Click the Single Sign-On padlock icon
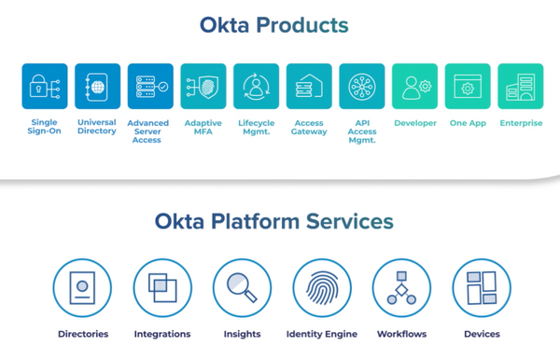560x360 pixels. pyautogui.click(x=45, y=87)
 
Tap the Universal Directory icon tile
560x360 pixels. pyautogui.click(x=97, y=87)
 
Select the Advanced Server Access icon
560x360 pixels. pyautogui.click(x=150, y=87)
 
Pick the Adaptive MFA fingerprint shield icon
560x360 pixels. pyautogui.click(x=203, y=87)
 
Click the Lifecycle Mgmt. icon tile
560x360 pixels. pyautogui.click(x=256, y=87)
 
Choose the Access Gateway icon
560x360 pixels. pyautogui.click(x=309, y=87)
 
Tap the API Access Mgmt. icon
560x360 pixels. pyautogui.click(x=362, y=87)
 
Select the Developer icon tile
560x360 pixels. pyautogui.click(x=415, y=87)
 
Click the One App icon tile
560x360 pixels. pyautogui.click(x=468, y=87)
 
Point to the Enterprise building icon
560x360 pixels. pyautogui.click(x=521, y=87)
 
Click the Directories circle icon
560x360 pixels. pyautogui.click(x=82, y=288)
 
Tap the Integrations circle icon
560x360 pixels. pyautogui.click(x=162, y=288)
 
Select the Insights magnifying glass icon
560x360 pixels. pyautogui.click(x=242, y=288)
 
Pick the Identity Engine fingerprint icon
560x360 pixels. pyautogui.click(x=322, y=288)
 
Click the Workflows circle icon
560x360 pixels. pyautogui.click(x=401, y=288)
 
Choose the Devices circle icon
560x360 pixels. pyautogui.click(x=482, y=288)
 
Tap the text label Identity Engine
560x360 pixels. pyautogui.click(x=322, y=334)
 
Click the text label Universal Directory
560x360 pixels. pyautogui.click(x=97, y=127)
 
